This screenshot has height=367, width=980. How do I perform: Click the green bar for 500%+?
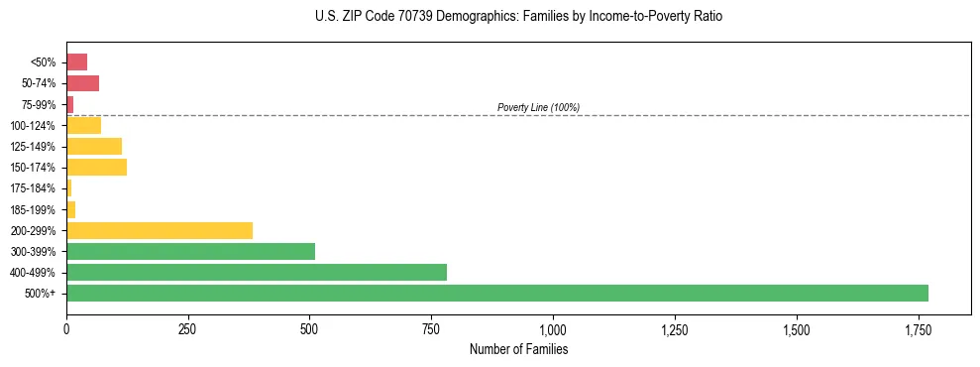497,293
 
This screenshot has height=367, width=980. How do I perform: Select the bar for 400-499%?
257,272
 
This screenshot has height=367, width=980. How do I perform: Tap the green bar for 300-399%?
190,251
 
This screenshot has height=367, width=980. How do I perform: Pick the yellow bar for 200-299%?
160,230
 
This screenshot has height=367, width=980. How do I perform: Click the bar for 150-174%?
96,167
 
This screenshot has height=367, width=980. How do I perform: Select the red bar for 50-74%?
82,82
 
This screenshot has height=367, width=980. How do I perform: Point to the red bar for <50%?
76,61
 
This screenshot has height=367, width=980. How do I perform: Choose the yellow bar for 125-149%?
94,146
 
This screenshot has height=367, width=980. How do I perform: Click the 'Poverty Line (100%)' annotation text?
538,107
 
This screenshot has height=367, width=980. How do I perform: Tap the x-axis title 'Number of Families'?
518,349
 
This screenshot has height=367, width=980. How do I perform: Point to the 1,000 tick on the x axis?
553,329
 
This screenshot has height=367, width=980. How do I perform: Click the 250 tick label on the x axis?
188,329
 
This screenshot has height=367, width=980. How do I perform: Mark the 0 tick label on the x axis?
66,329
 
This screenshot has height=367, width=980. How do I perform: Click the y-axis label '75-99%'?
40,104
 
